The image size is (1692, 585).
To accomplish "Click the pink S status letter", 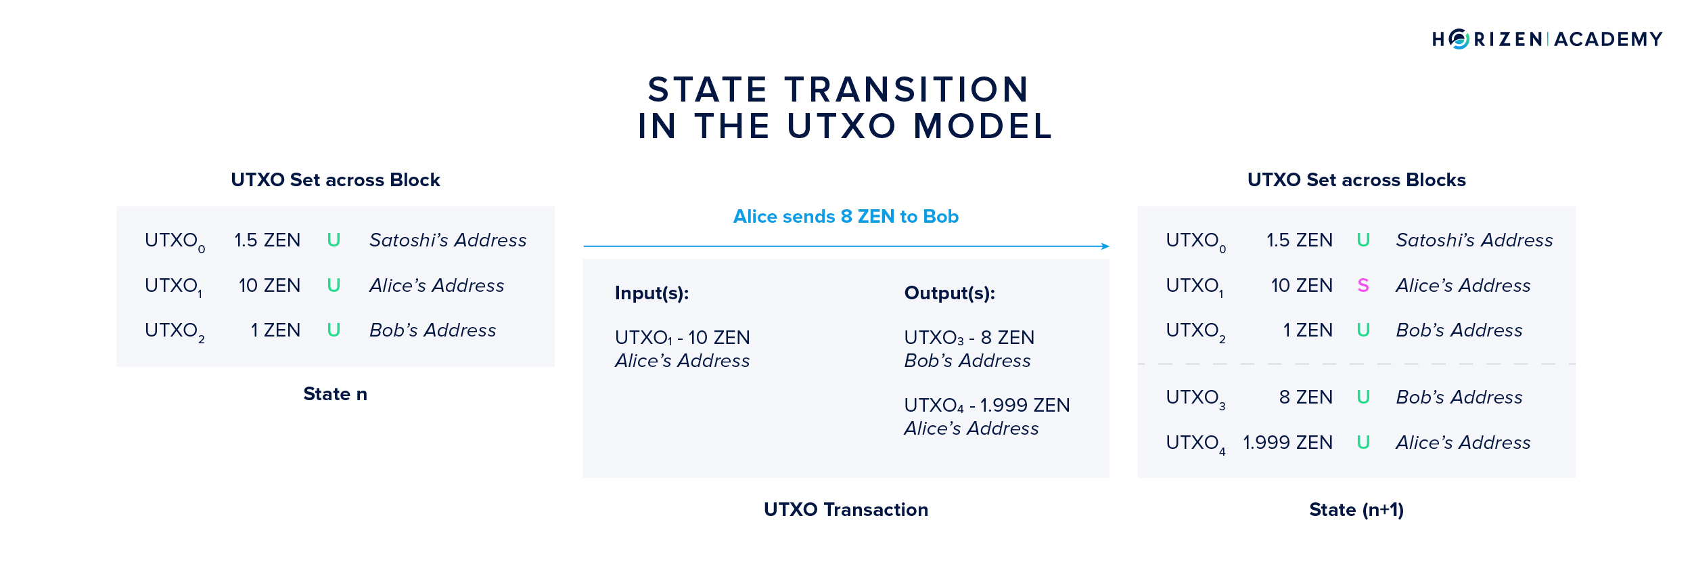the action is [1363, 286].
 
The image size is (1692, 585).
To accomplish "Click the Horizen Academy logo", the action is [1547, 39].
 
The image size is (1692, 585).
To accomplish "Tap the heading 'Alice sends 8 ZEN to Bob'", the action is [846, 217].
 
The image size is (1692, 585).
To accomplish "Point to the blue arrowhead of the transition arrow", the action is [1105, 246].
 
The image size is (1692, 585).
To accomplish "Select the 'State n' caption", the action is [336, 394].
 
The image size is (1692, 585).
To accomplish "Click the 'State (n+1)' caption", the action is [1356, 510].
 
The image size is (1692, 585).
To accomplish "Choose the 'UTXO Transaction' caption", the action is [846, 510].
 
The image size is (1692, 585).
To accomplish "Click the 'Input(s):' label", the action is [652, 293].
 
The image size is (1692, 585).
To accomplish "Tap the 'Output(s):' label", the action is [950, 293].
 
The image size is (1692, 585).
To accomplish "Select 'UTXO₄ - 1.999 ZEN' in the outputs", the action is [987, 406].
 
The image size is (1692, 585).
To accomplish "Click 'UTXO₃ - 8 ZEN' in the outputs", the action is [969, 338].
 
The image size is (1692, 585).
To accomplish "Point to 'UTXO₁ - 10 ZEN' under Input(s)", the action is [683, 338].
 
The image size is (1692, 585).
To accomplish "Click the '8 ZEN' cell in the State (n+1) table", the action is [1306, 397].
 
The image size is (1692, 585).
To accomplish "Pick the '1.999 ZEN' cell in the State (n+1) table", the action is [1288, 443].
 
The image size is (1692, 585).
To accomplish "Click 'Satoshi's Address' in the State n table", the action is [448, 240].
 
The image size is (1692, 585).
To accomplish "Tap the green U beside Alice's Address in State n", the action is [334, 286].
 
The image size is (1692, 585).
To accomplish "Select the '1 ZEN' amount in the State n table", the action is [275, 330].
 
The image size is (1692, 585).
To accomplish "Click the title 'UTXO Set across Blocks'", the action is [1356, 180].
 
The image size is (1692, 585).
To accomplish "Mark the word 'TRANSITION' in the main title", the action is [907, 89].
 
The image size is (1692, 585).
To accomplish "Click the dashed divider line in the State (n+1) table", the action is [1356, 364].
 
